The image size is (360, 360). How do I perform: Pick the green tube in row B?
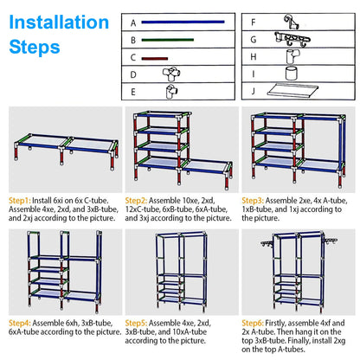173,40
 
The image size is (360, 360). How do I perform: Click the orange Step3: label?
264,198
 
